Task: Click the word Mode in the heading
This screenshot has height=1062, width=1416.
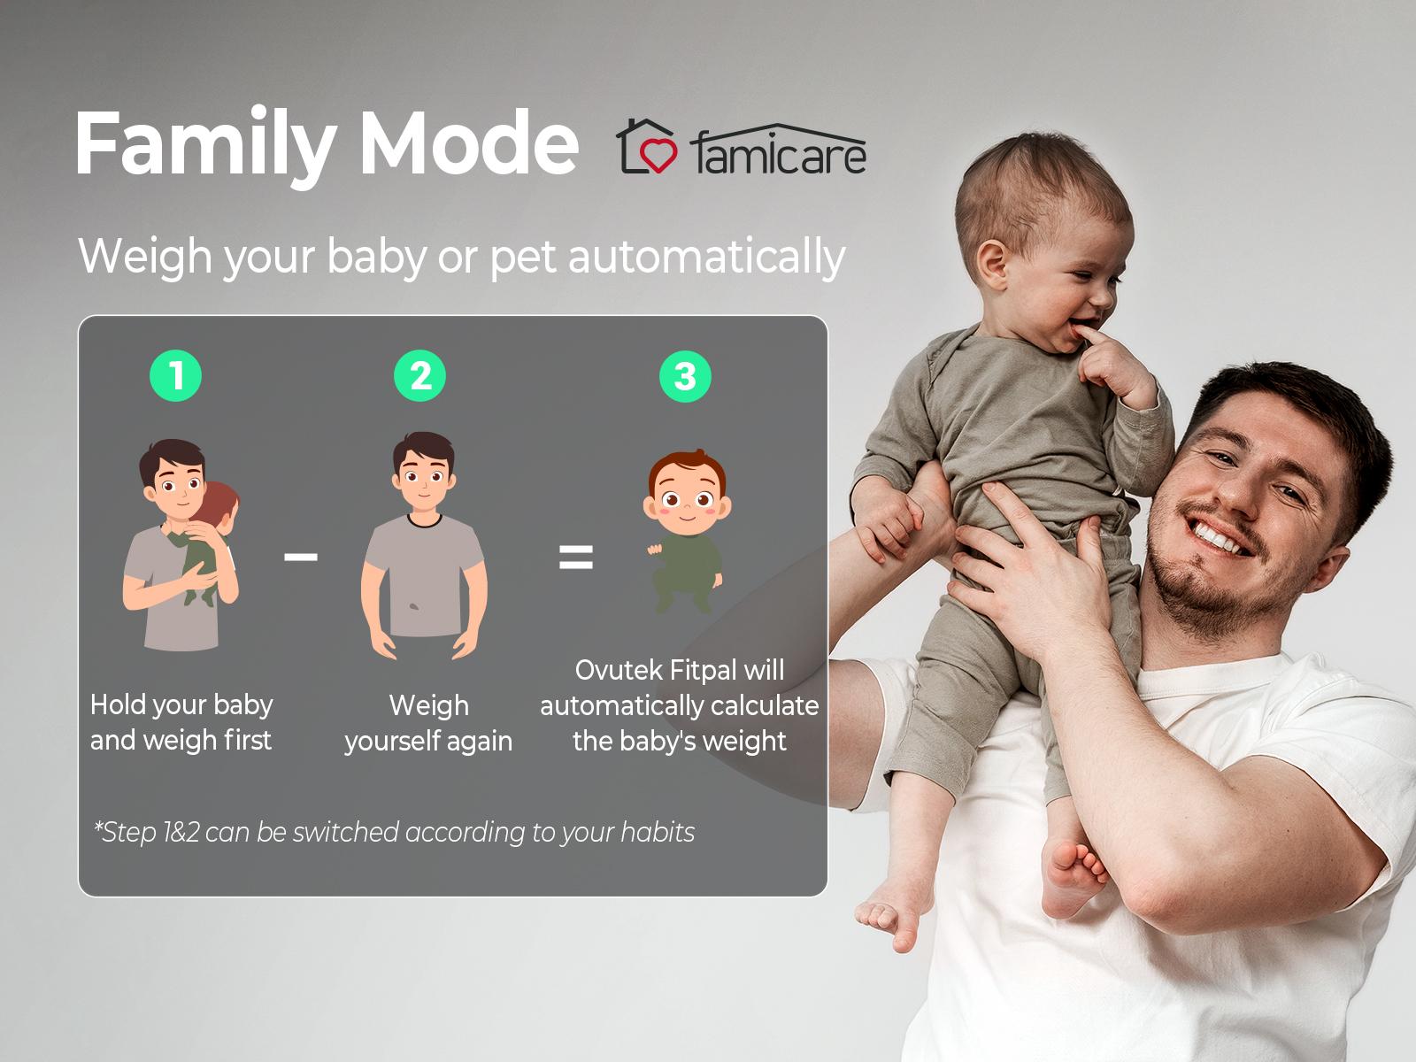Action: click(x=469, y=142)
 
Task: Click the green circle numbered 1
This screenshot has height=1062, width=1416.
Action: click(x=175, y=376)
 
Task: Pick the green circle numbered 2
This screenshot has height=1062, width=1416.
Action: click(x=419, y=376)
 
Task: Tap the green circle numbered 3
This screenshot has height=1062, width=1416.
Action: click(x=685, y=377)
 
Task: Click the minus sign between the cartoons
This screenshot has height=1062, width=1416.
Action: click(x=301, y=557)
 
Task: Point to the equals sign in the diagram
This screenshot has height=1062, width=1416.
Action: click(x=575, y=558)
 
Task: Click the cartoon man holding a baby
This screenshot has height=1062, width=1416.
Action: click(x=181, y=545)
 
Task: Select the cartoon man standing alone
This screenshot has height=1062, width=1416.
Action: click(x=424, y=545)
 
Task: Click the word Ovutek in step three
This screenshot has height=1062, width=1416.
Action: click(x=619, y=671)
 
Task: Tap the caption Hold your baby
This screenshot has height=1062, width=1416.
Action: click(x=181, y=705)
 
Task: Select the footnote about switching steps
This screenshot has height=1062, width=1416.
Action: click(x=394, y=833)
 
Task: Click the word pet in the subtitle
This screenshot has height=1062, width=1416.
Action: click(x=523, y=258)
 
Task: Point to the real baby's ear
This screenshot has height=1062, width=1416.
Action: click(x=993, y=265)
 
